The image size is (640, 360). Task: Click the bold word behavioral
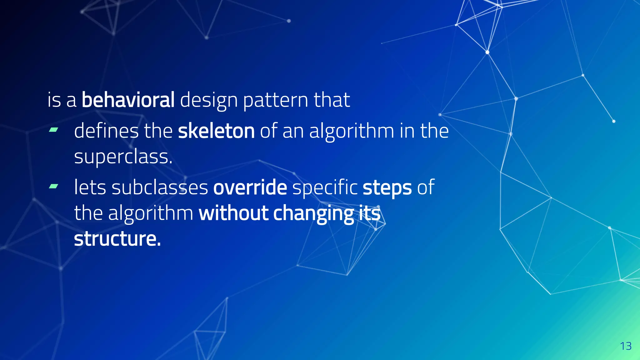(128, 100)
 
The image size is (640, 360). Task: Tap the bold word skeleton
(216, 131)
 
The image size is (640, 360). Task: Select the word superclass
(123, 157)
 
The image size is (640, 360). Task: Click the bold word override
(250, 187)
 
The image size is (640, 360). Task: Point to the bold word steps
(387, 187)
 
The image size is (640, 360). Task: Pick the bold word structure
(117, 239)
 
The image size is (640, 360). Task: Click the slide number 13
(626, 346)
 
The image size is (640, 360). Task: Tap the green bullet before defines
(53, 130)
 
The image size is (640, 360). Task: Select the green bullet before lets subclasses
(53, 187)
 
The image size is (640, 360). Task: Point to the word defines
(106, 131)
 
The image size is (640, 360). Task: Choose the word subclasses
(160, 187)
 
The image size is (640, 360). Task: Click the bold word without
(233, 213)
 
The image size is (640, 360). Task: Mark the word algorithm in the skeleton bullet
(352, 131)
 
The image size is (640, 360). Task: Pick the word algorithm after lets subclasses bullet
(151, 214)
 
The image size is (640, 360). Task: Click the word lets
(90, 187)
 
